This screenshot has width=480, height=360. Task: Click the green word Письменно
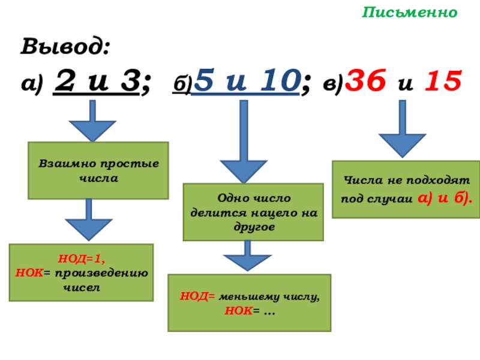(x=410, y=13)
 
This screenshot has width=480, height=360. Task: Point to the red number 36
(x=367, y=80)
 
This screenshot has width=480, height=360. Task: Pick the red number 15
(x=442, y=80)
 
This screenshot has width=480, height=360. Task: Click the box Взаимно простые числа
(x=99, y=170)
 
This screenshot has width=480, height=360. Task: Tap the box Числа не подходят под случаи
(x=407, y=189)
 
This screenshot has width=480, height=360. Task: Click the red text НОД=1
(x=80, y=260)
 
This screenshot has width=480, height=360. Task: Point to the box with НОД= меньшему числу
(x=249, y=302)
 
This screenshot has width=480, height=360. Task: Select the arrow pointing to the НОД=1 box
(x=89, y=220)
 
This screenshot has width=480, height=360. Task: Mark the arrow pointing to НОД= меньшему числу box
(x=247, y=256)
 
